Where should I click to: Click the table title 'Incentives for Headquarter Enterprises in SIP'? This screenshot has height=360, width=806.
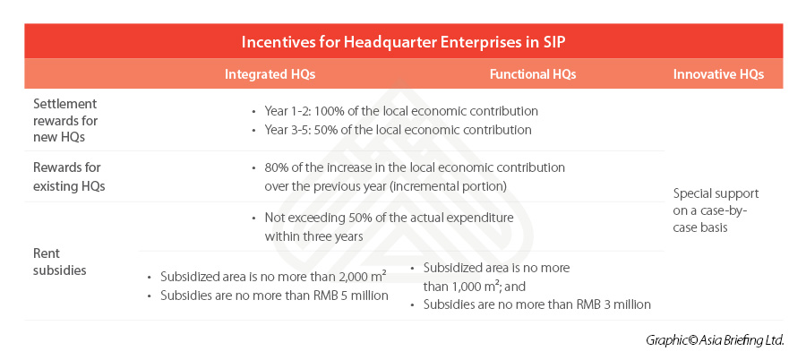(x=404, y=42)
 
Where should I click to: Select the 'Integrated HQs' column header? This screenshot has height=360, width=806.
(x=270, y=74)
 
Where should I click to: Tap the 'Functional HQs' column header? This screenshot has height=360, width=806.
(x=533, y=74)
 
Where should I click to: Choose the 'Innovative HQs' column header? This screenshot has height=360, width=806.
(x=718, y=74)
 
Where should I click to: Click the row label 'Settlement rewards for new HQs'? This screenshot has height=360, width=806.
(x=65, y=120)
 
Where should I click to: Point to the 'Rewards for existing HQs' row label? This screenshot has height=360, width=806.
(x=69, y=177)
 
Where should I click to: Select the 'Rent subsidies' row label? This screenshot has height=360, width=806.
(x=59, y=261)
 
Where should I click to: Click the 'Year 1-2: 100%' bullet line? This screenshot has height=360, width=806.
(x=401, y=111)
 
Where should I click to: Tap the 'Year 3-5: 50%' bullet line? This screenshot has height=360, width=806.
(x=398, y=130)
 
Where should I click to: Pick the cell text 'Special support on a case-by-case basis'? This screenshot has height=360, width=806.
(x=716, y=210)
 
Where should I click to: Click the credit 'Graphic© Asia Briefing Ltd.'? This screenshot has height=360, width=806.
(x=715, y=340)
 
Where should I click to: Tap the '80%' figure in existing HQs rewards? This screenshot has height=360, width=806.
(x=276, y=167)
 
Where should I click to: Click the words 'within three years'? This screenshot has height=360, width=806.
(x=314, y=236)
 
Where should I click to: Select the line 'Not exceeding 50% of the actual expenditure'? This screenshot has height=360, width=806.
(x=390, y=218)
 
